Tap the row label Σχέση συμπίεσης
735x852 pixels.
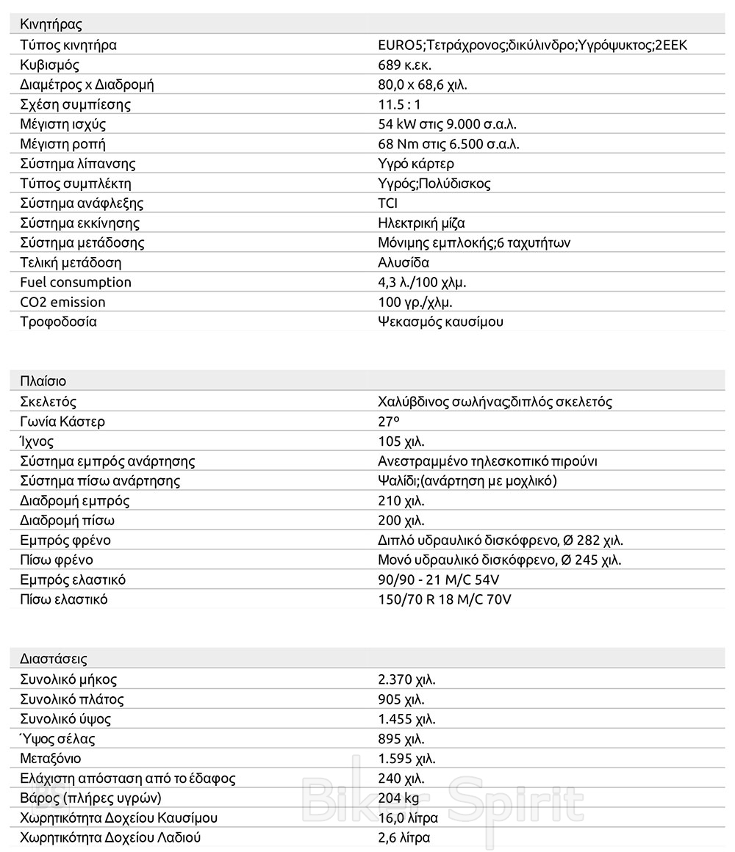[75, 104]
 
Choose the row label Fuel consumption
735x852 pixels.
[75, 282]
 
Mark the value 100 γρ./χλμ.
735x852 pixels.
[415, 302]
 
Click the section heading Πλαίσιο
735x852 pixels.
[43, 381]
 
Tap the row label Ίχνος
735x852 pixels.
[37, 441]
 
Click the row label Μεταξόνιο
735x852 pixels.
[51, 759]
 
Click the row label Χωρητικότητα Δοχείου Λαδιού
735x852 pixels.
[110, 837]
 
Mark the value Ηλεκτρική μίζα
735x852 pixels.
[421, 223]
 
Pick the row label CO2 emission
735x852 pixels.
[62, 302]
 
